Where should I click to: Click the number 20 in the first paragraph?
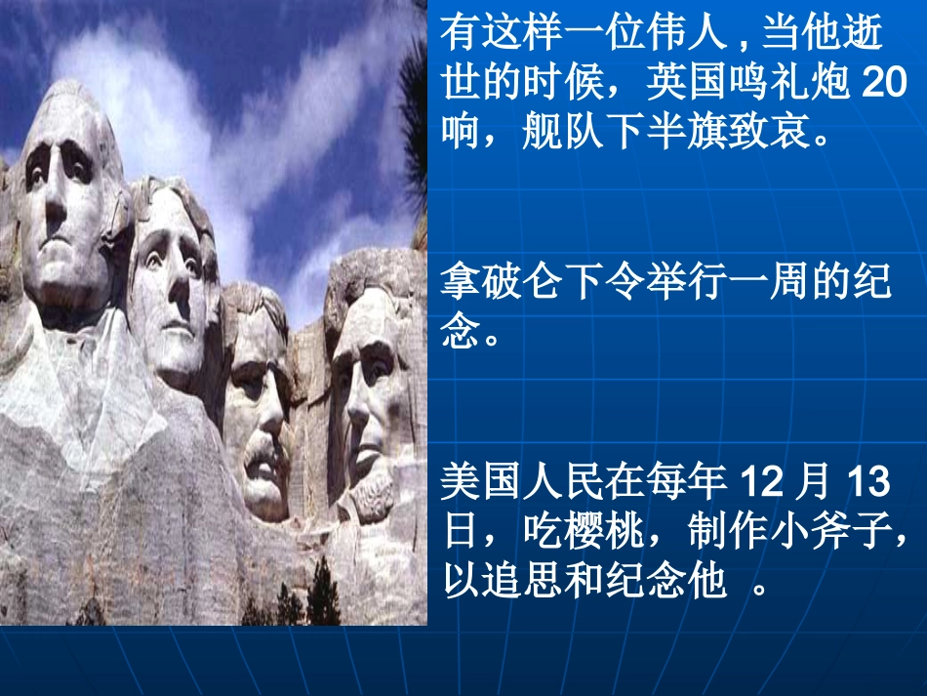[885, 84]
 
